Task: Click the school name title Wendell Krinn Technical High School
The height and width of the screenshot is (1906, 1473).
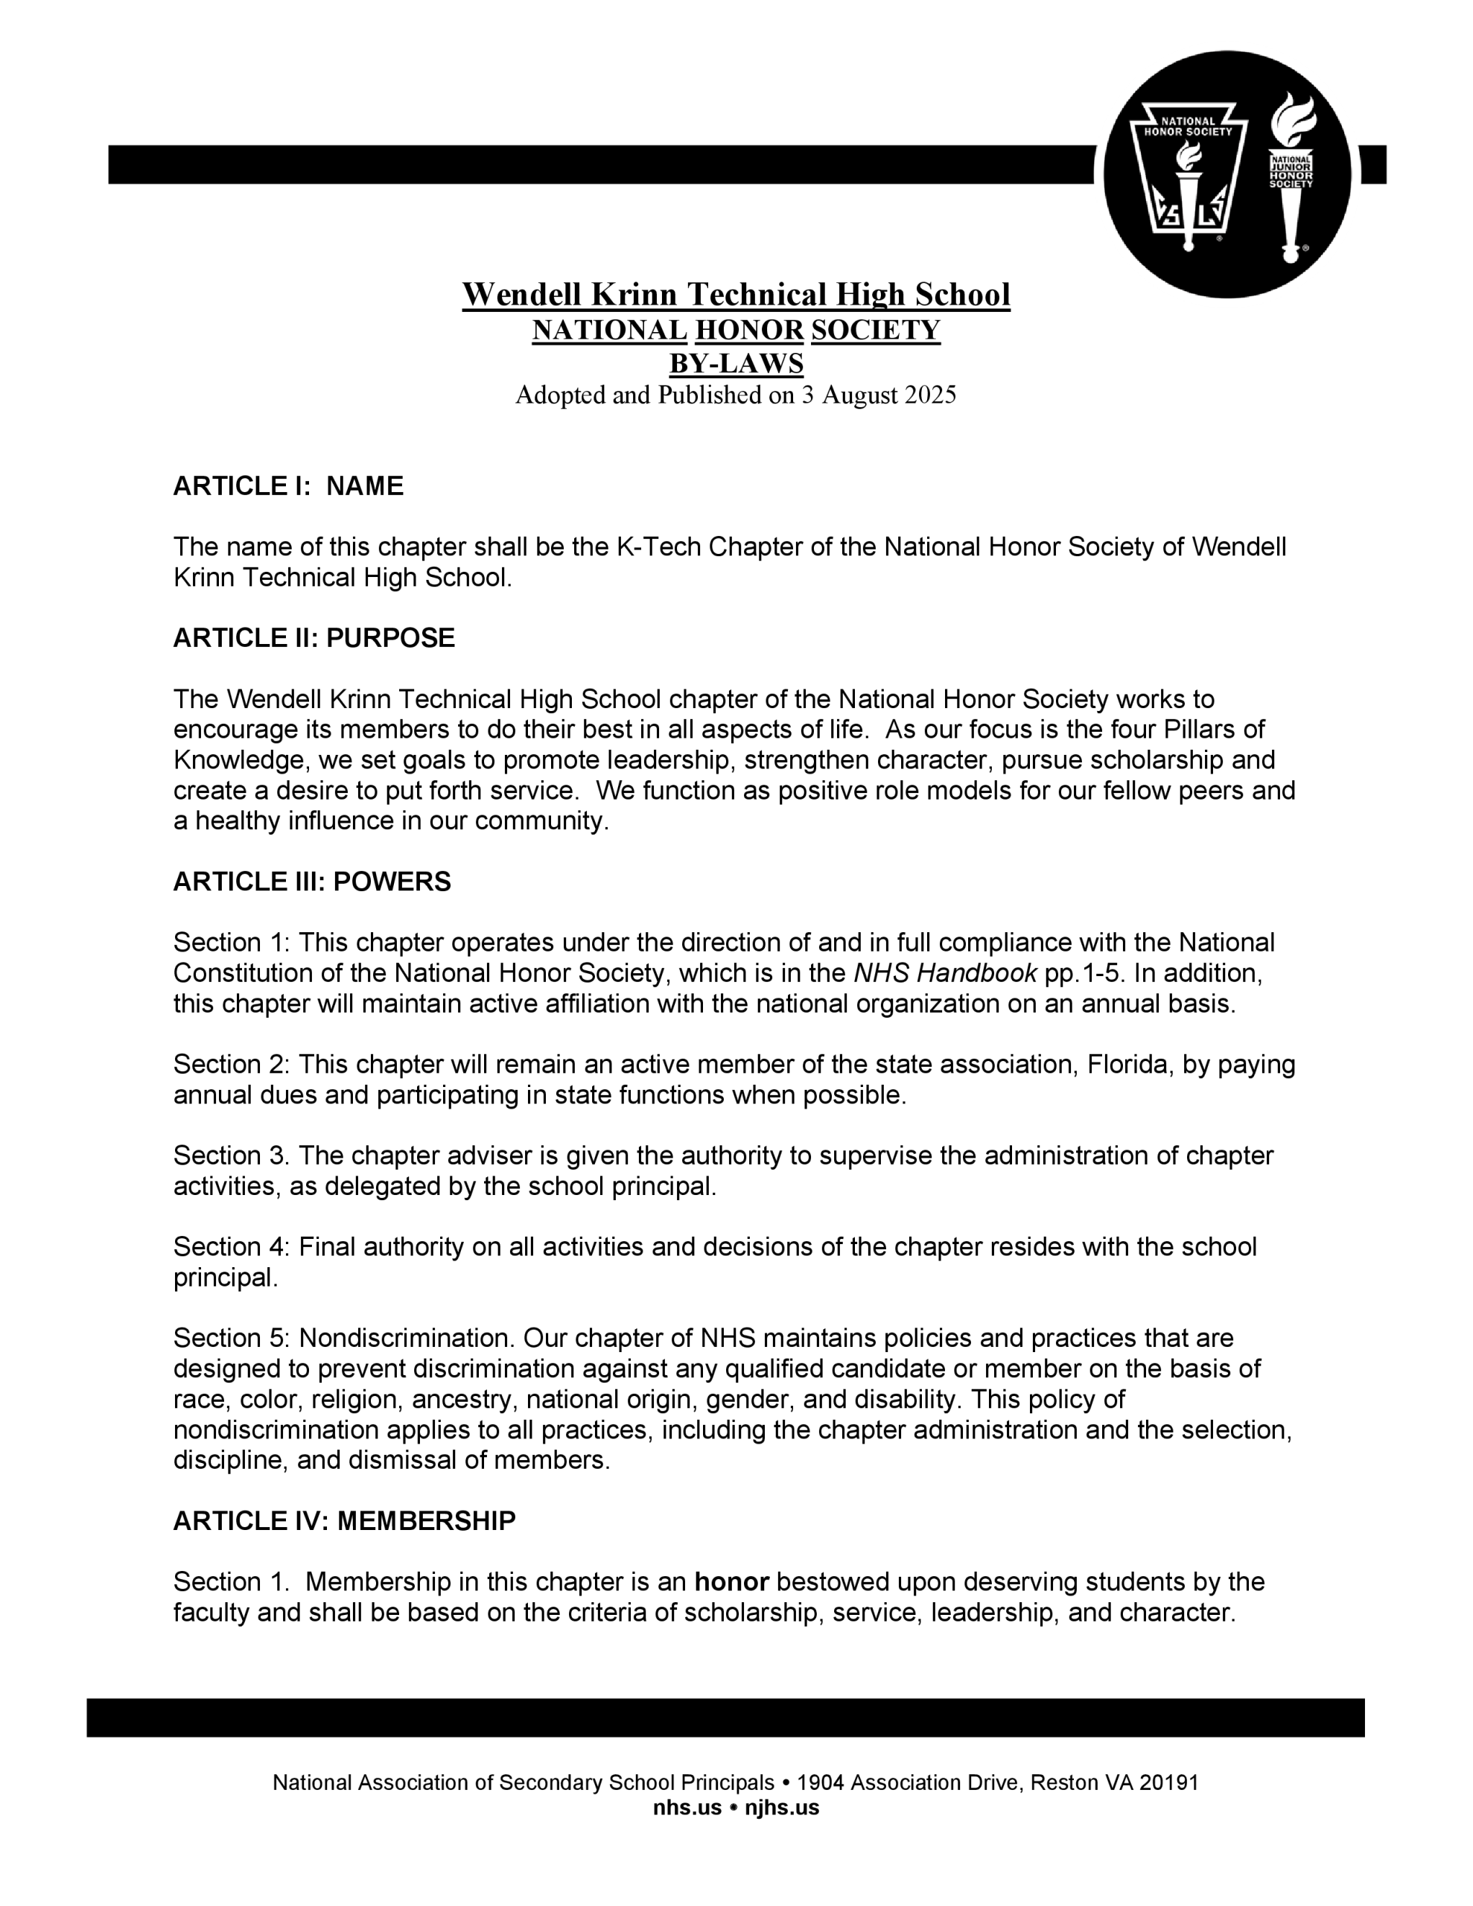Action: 735,295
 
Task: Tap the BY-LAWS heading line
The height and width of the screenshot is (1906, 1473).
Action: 735,363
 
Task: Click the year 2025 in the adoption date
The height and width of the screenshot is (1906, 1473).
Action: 930,395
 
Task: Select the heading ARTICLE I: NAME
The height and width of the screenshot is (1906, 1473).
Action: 288,486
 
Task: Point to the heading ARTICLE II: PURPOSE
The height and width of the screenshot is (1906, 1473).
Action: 314,638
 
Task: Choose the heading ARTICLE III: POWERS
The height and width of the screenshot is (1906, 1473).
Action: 312,882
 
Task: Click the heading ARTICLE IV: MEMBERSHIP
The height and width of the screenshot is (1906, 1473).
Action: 344,1521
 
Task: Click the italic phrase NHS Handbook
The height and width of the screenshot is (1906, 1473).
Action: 945,973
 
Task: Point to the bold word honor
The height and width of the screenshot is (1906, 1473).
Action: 731,1581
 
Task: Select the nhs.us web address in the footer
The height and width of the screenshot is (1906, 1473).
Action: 687,1808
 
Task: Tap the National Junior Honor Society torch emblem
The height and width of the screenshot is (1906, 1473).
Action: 1291,174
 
